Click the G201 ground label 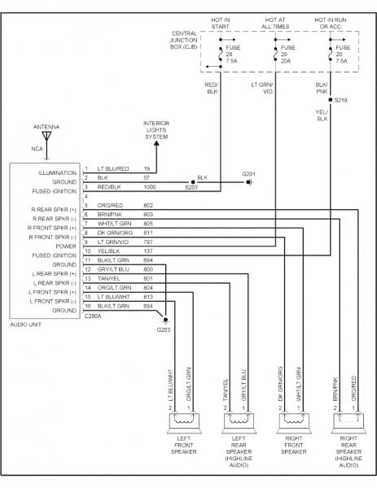249,173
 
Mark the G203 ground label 164,329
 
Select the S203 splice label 191,188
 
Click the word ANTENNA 46,127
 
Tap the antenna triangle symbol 46,137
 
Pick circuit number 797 148,242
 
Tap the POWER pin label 66,246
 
